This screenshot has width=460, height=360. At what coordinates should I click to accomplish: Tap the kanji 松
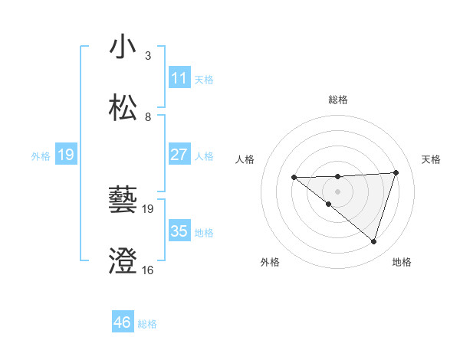pos(123,107)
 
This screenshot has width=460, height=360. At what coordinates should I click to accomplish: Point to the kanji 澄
pos(123,261)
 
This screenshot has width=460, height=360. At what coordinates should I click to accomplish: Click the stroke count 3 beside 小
pos(147,56)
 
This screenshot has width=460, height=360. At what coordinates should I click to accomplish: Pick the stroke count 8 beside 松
pos(147,116)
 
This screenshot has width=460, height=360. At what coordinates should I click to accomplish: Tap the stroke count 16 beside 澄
pos(147,270)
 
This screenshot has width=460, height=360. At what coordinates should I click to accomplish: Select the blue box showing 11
pos(179,78)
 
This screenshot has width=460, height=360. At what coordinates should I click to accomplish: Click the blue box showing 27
pos(179,155)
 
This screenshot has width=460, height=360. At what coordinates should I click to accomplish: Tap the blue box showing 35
pos(179,231)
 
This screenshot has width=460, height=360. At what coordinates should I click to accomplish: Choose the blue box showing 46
pos(122,322)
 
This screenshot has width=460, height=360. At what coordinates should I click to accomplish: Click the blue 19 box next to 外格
pos(65,155)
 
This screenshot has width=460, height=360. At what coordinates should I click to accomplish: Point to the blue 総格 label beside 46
pos(147,324)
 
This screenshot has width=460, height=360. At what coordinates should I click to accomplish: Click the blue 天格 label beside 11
pos(204,79)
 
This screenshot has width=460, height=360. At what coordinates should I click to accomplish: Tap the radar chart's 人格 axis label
pos(245,159)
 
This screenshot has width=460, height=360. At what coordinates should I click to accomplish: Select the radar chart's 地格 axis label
pos(402,262)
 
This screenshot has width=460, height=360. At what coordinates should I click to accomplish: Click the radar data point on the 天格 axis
pos(396,172)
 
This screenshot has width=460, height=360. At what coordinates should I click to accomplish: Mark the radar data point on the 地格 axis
pos(373,241)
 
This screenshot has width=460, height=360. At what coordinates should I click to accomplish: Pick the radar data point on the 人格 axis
pos(294,178)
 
